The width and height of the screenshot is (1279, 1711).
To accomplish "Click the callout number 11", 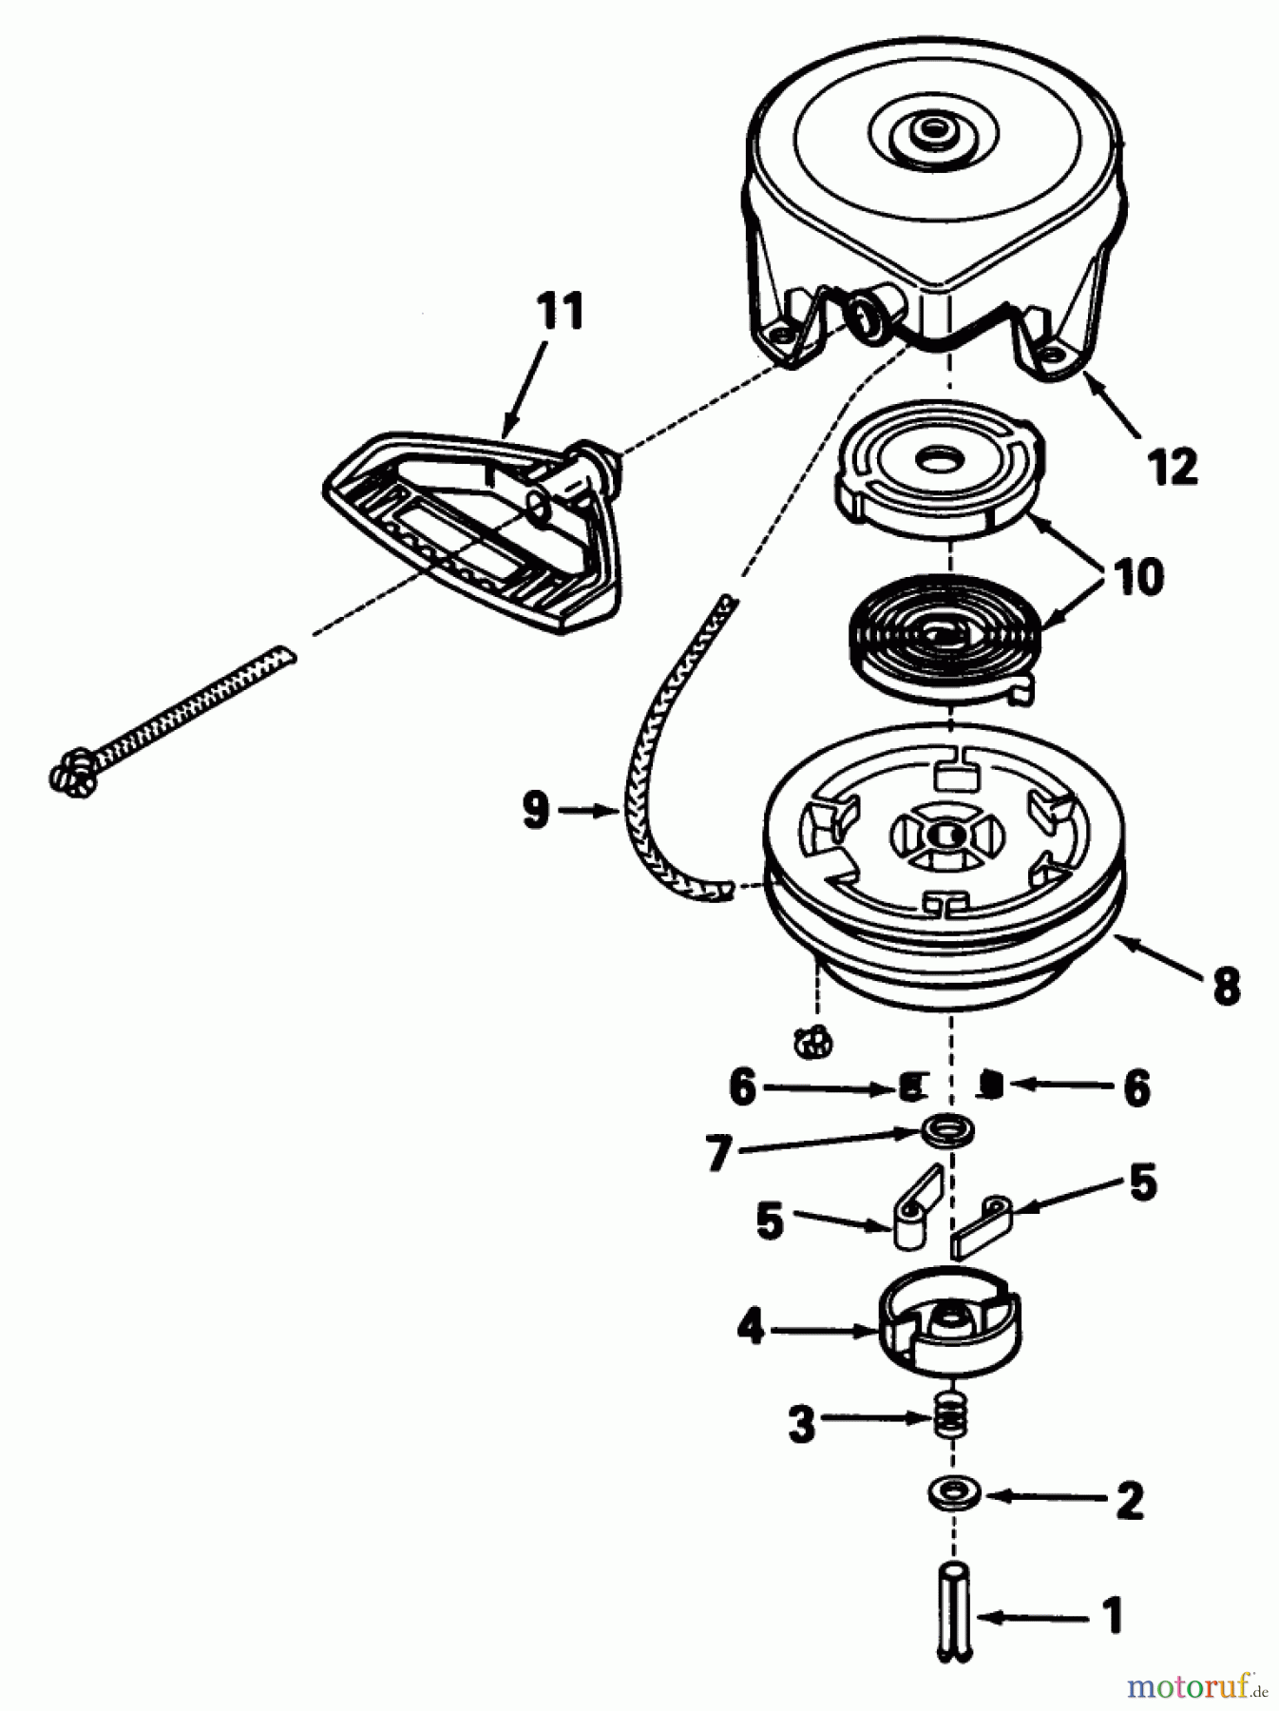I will click(559, 312).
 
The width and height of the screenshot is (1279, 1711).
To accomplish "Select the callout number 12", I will click(1172, 467).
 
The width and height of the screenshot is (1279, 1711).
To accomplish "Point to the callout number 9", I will click(536, 811).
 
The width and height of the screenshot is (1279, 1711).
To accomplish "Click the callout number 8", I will click(1226, 986).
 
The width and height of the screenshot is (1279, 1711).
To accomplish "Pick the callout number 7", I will click(719, 1154).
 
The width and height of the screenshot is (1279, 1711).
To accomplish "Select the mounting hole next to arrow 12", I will click(1052, 353).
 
